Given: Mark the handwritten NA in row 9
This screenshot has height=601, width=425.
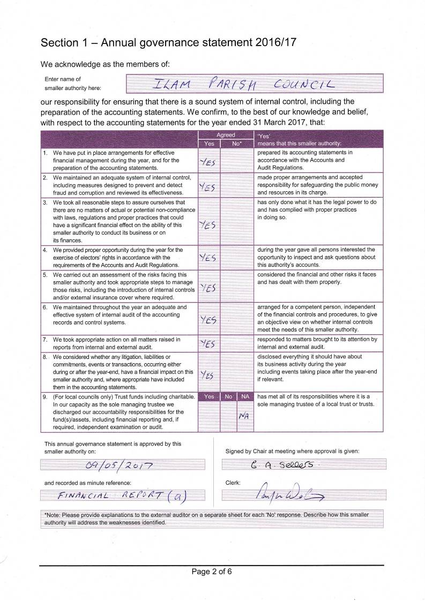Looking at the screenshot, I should tap(244, 417).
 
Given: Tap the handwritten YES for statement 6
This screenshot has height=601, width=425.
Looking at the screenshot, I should tap(208, 320).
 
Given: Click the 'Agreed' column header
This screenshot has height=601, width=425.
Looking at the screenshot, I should tap(225, 136).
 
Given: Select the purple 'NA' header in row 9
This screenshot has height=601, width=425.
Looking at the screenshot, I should tap(244, 397).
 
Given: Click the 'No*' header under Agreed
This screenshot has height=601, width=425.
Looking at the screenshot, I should tap(236, 144).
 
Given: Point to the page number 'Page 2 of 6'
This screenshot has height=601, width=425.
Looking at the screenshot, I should tap(212, 572).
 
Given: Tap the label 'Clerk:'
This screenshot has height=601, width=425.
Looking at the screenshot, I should tap(233, 483).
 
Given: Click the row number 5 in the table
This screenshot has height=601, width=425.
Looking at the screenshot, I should tap(45, 275).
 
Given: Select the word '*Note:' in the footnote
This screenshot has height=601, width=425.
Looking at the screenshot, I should tap(53, 515).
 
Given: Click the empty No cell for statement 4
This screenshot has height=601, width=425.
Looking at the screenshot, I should tap(236, 258).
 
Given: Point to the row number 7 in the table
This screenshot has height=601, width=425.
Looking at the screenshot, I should tap(45, 340).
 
